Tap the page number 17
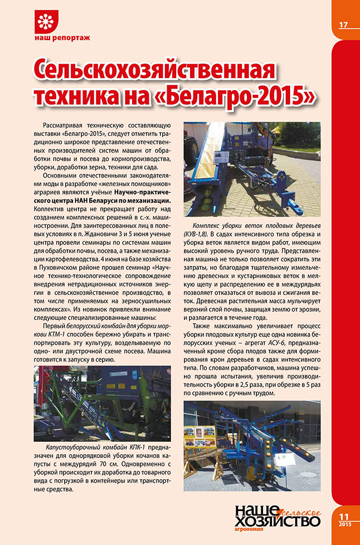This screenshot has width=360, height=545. coord(343,25)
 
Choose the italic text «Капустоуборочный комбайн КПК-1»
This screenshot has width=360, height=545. coord(85,448)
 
